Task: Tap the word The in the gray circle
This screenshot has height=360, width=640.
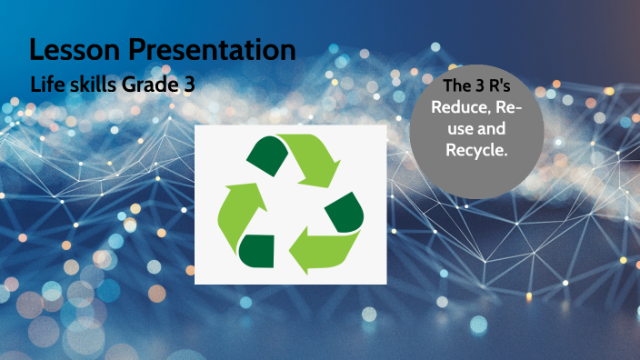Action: [455, 88]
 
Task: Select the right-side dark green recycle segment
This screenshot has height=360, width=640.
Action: [345, 211]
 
